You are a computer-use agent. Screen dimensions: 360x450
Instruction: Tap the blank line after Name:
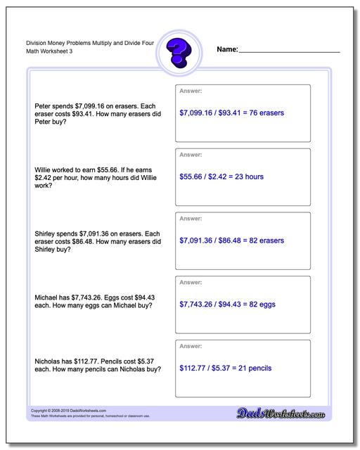pos(290,51)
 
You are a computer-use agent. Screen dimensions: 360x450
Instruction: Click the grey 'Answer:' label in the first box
pos(191,91)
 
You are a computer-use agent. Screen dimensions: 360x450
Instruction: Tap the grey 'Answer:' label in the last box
pos(191,347)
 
